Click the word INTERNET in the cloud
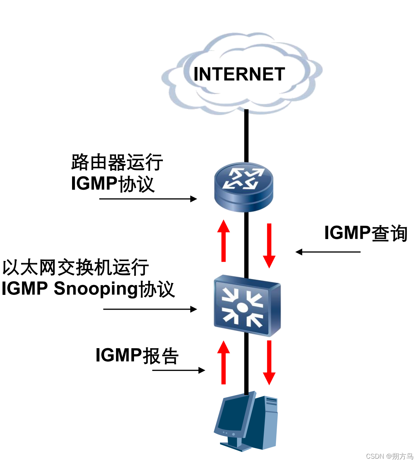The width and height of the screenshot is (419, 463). tap(239, 74)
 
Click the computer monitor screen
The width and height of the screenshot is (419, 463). tap(233, 414)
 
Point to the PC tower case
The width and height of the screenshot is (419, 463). tap(266, 421)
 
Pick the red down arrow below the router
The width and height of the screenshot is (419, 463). tap(269, 245)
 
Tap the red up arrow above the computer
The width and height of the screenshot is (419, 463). tap(224, 362)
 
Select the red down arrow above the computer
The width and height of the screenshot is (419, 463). tap(269, 362)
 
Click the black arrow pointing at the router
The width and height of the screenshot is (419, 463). tap(148, 199)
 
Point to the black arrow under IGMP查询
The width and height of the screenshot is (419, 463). tap(328, 252)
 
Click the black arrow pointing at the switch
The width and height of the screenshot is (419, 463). tap(150, 309)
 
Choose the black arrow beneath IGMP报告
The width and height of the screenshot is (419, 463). tap(178, 370)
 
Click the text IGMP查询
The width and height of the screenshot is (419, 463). tap(365, 233)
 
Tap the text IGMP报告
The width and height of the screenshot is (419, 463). tap(137, 356)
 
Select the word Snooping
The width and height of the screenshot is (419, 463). tap(96, 289)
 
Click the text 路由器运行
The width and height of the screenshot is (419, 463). tap(117, 162)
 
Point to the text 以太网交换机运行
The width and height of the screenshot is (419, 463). tap(75, 268)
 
